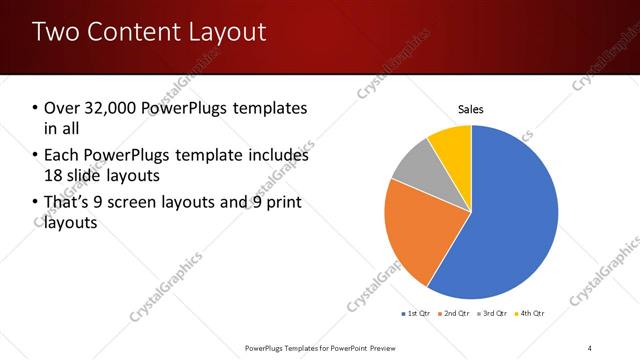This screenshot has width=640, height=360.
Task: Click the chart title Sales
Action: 471,108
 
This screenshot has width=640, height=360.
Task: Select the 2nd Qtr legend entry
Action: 456,314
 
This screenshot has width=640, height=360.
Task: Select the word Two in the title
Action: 55,32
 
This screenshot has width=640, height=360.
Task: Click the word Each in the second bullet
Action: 62,155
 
